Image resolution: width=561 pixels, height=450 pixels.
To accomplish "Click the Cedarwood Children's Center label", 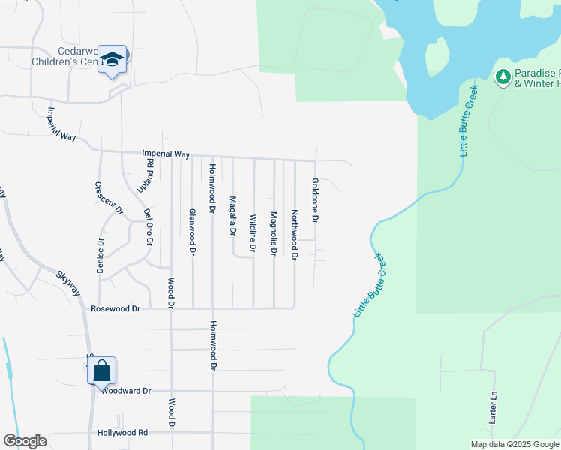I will (68, 58).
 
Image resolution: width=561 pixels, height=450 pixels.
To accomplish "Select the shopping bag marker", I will (102, 370).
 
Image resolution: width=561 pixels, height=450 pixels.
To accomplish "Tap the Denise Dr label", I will (100, 255).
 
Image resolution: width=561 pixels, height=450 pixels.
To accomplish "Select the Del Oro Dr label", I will (148, 227).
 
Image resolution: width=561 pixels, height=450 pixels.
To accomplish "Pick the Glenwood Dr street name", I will (192, 232).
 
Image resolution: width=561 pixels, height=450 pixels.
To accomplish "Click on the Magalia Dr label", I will (232, 216).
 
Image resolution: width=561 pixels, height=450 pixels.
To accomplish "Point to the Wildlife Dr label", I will (253, 233).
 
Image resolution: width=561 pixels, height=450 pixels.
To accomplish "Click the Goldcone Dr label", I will (316, 200).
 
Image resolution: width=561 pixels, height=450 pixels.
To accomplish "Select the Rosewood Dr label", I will (115, 308).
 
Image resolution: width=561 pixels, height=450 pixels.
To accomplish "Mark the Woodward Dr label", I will (126, 391).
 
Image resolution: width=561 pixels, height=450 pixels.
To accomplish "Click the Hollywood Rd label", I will (122, 433).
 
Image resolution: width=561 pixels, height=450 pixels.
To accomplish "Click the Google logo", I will (25, 441).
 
